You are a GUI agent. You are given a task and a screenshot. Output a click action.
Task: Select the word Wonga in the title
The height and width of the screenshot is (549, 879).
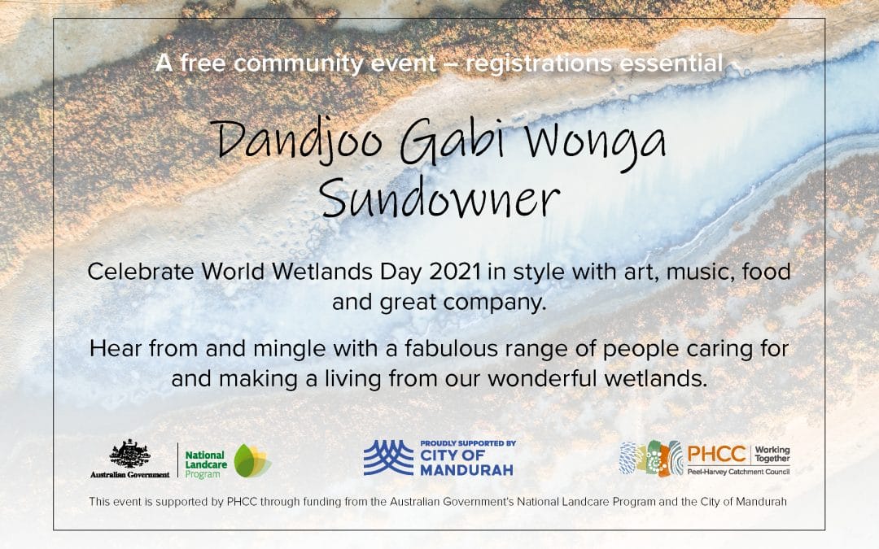click(x=595, y=143)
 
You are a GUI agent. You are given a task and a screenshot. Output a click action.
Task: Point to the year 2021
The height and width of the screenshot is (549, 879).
click(x=455, y=272)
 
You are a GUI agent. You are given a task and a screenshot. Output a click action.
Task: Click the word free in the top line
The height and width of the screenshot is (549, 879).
click(x=203, y=63)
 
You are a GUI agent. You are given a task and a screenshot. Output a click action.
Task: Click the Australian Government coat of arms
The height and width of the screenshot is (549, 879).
click(x=130, y=454)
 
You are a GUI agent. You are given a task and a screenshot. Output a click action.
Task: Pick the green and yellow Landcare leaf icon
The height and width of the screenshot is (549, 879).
click(x=252, y=460)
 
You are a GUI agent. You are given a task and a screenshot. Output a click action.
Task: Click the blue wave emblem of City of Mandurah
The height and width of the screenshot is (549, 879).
click(x=388, y=458)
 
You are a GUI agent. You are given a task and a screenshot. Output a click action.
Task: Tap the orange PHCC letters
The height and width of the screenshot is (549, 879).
click(x=716, y=454)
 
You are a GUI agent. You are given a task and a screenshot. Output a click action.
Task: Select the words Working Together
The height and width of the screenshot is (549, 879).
click(x=772, y=454)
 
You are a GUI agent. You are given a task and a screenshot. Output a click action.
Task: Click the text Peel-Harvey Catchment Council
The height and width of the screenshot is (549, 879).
click(x=738, y=472)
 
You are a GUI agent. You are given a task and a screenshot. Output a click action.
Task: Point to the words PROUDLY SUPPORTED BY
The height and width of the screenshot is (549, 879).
click(x=468, y=443)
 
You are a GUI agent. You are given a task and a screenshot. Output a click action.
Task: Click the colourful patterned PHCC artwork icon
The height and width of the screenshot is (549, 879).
click(x=651, y=458)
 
